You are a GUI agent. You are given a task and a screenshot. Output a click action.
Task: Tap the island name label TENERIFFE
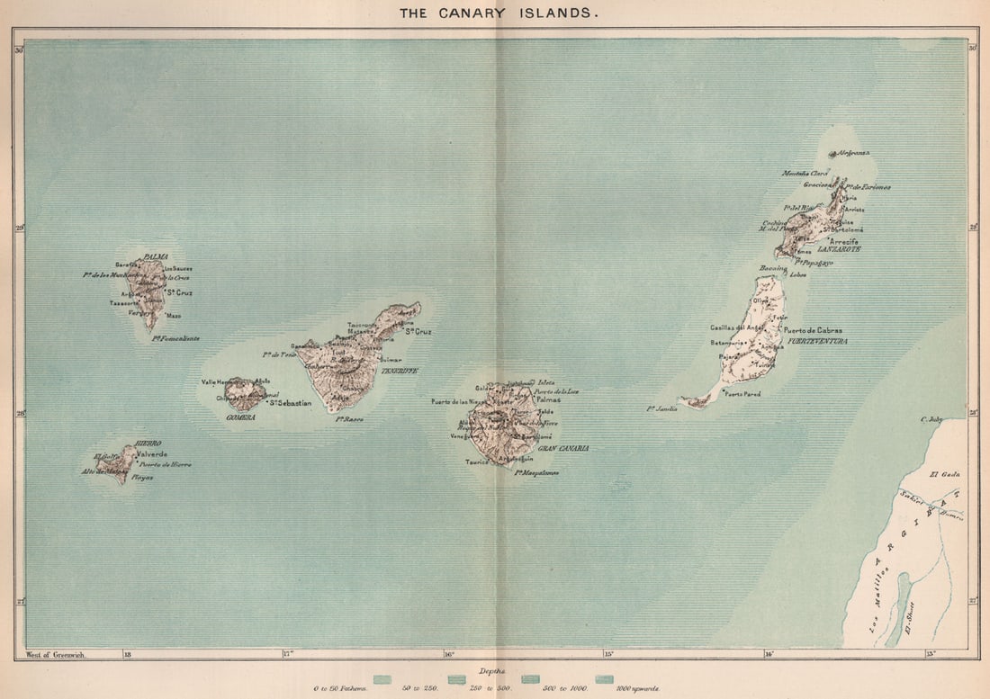coord(400,371)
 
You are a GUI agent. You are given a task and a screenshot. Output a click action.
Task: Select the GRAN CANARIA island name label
coord(562,448)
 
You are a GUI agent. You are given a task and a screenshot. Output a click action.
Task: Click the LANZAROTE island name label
coord(839,248)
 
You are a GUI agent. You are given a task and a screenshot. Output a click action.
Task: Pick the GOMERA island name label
coord(240,417)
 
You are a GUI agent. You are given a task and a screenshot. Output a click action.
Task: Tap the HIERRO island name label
coord(148,444)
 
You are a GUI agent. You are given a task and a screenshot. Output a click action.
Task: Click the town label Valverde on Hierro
coord(151,454)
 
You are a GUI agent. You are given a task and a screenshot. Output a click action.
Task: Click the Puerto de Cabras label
coord(813,331)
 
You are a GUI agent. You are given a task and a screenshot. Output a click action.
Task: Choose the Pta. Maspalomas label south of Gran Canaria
coord(536,471)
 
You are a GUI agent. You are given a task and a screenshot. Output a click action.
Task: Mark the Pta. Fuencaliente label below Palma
coord(175,338)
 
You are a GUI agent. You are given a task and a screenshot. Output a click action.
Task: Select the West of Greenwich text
coord(56,655)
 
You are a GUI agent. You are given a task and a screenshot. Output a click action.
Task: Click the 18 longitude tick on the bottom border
coord(127,655)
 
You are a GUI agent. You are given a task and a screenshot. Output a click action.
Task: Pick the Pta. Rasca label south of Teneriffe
coord(349,419)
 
